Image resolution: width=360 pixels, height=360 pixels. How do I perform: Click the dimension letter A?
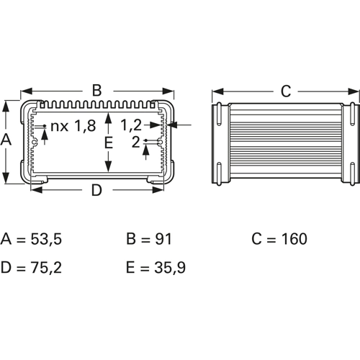click(x=6, y=140)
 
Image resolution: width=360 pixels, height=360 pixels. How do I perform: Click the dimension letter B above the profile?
click(x=97, y=91)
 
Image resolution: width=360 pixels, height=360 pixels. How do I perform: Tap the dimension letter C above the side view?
click(x=286, y=91)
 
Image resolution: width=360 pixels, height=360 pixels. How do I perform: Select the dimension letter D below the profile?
click(x=96, y=190)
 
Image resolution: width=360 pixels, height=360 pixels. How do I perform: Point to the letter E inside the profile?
click(x=109, y=143)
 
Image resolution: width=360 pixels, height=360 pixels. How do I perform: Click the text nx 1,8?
click(x=73, y=126)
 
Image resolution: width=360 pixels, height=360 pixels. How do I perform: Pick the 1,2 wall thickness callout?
click(x=131, y=125)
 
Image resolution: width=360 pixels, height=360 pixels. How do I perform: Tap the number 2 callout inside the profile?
click(x=136, y=142)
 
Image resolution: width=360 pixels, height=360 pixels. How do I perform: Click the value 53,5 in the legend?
click(x=46, y=239)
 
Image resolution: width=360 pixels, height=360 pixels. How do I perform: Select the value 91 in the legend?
click(x=163, y=239)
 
